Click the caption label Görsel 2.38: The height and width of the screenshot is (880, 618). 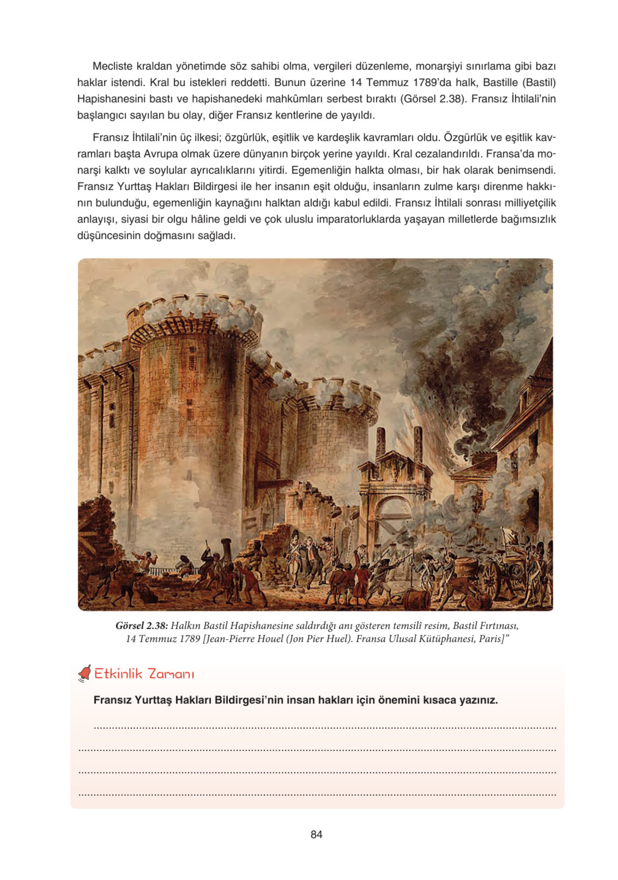tap(142, 626)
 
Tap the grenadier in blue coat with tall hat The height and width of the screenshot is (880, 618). tap(294, 552)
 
